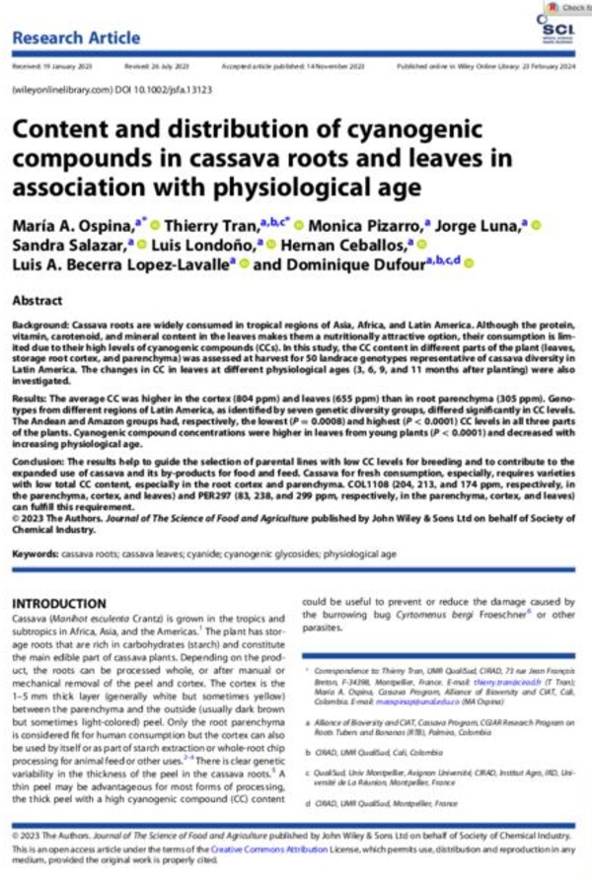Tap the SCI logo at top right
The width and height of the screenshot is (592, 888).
[554, 33]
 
